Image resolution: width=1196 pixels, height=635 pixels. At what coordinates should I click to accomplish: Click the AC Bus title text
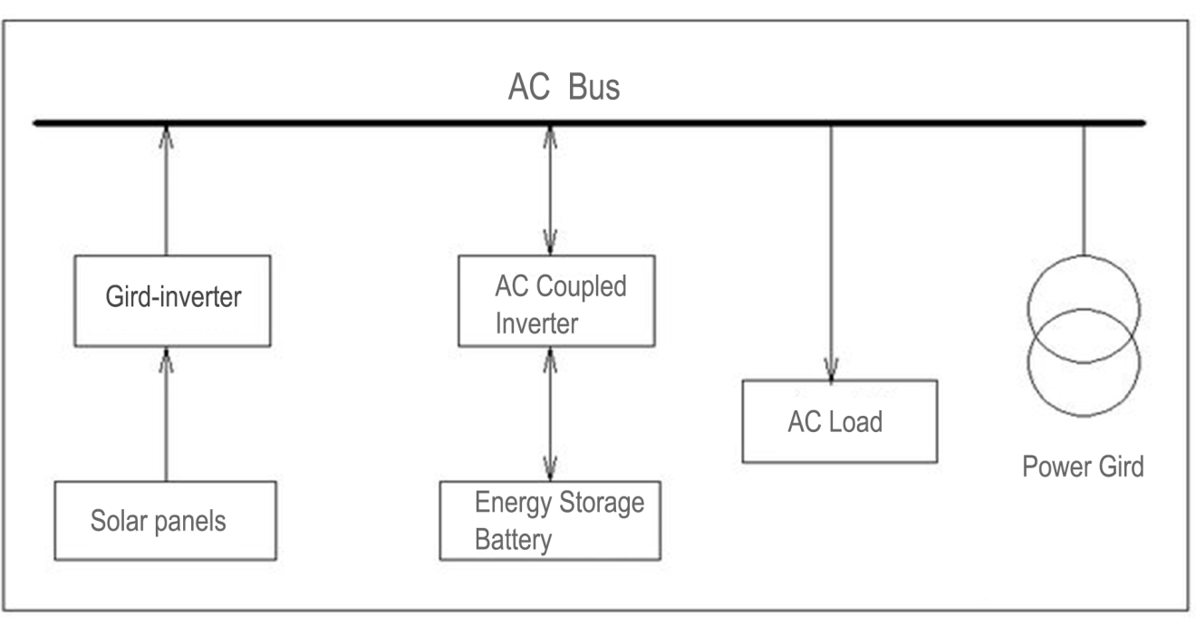pyautogui.click(x=564, y=89)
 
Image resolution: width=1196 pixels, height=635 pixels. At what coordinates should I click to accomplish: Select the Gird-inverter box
pyautogui.click(x=172, y=300)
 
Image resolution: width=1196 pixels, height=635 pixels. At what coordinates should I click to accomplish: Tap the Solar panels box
pyautogui.click(x=166, y=520)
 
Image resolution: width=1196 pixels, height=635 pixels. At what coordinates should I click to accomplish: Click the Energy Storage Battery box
pyautogui.click(x=549, y=521)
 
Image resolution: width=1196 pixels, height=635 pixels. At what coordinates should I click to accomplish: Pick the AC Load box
pyautogui.click(x=839, y=421)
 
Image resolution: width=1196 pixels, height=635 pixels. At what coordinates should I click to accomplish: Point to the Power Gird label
pyautogui.click(x=1083, y=467)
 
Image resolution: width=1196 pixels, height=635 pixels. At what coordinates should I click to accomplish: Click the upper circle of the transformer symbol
pyautogui.click(x=1084, y=281)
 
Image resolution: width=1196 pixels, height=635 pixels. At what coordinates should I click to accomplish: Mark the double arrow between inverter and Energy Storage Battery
pyautogui.click(x=549, y=413)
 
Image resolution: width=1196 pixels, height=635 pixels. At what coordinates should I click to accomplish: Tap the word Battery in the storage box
pyautogui.click(x=513, y=541)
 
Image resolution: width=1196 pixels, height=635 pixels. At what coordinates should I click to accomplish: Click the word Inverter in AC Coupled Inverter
pyautogui.click(x=536, y=323)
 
